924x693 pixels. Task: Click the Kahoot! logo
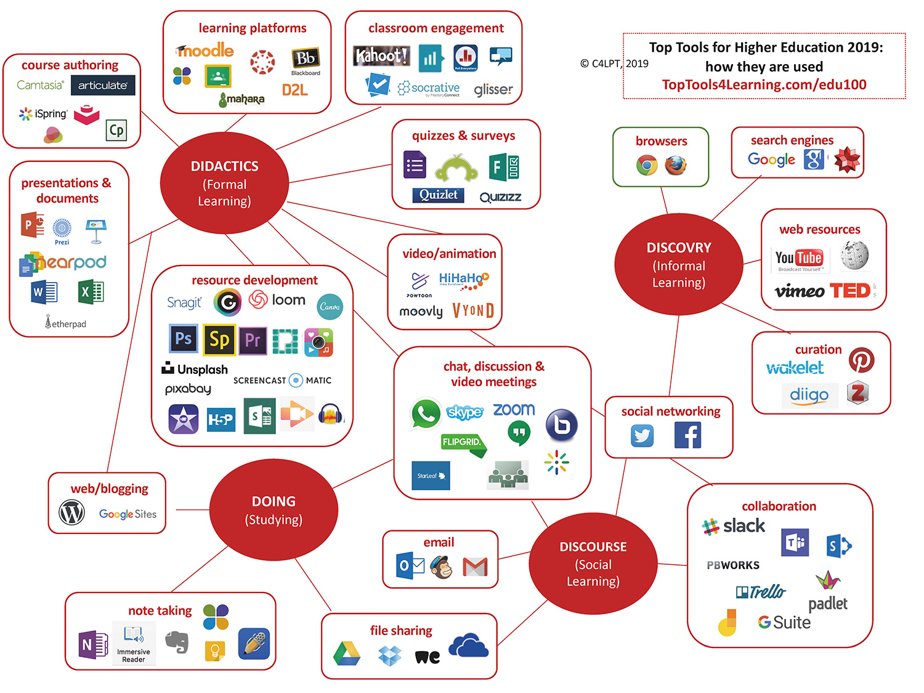381,56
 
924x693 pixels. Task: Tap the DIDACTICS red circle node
224,183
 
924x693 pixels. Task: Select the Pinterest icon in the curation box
861,360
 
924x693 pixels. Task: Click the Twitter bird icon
642,436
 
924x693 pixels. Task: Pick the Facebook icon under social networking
687,436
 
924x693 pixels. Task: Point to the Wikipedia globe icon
854,255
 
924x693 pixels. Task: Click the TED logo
850,290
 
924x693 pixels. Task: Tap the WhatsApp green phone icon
425,414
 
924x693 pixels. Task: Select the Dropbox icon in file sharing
389,656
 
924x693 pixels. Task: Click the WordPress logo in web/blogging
71,513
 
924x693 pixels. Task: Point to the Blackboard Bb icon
305,59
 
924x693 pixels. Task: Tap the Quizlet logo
438,195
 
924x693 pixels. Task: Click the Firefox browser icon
675,165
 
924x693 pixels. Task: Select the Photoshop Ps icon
183,338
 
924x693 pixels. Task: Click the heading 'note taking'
160,610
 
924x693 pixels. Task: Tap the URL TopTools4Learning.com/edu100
764,85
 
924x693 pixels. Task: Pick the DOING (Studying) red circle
274,510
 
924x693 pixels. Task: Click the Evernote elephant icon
177,641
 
